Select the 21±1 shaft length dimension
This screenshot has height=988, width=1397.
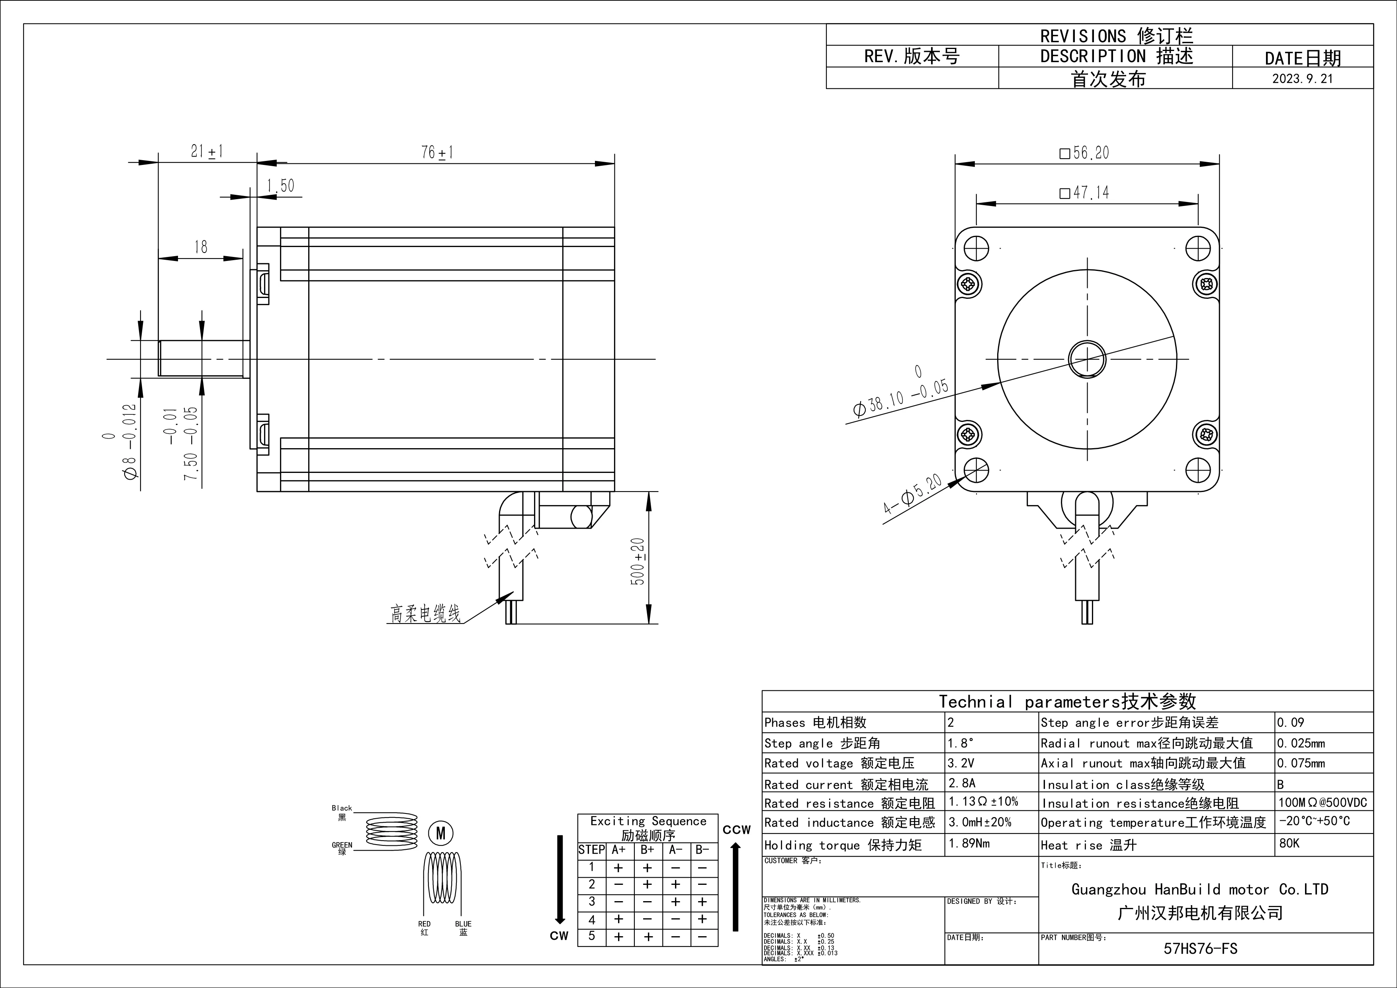207,151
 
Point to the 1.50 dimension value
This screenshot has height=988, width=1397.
280,185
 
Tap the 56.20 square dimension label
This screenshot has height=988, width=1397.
1085,153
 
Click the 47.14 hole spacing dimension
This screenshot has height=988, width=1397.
1085,193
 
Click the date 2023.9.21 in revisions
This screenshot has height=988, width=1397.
1302,78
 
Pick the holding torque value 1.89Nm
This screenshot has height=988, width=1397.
969,843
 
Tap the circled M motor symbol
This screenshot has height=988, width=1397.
441,833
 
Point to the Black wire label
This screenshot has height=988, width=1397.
342,808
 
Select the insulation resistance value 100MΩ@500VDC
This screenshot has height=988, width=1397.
1322,802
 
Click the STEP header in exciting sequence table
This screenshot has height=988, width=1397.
591,850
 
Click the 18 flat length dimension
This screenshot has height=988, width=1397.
201,247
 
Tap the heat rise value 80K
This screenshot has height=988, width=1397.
1289,843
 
